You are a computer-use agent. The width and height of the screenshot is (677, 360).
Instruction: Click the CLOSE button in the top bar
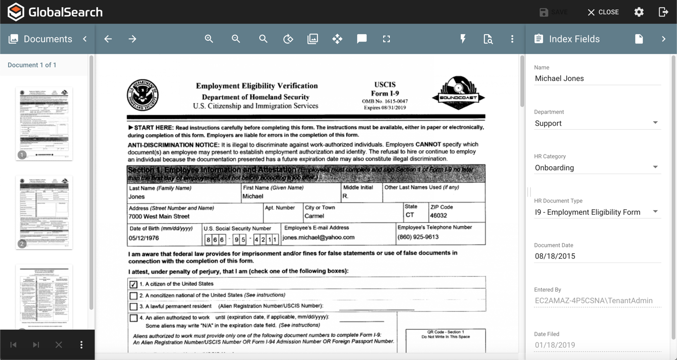pyautogui.click(x=603, y=12)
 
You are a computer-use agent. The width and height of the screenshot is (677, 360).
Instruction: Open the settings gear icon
pyautogui.click(x=639, y=12)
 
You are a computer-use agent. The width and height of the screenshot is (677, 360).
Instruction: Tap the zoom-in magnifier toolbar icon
pyautogui.click(x=209, y=39)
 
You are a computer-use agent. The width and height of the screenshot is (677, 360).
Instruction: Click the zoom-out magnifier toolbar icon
pyautogui.click(x=236, y=39)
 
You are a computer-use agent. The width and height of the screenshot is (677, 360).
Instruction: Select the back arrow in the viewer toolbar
pyautogui.click(x=108, y=39)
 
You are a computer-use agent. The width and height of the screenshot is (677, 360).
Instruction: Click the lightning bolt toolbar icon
pyautogui.click(x=463, y=39)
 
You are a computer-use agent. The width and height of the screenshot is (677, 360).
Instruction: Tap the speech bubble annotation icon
pyautogui.click(x=362, y=39)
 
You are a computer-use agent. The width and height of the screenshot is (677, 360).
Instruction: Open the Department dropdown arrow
pyautogui.click(x=655, y=123)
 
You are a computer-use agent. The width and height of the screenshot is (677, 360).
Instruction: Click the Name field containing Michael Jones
pyautogui.click(x=597, y=79)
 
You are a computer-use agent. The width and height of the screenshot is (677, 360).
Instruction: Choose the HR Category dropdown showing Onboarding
pyautogui.click(x=597, y=167)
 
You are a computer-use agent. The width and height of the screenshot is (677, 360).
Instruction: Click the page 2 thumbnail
pyautogui.click(x=44, y=212)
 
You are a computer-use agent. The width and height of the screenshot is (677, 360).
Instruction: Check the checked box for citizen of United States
pyautogui.click(x=133, y=284)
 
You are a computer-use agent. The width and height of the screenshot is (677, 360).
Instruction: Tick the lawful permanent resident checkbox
pyautogui.click(x=133, y=307)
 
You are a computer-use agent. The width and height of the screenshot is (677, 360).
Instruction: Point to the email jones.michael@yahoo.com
pyautogui.click(x=318, y=237)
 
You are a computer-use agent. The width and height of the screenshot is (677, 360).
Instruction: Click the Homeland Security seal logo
pyautogui.click(x=143, y=95)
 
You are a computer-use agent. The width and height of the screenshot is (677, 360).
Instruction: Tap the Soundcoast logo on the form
pyautogui.click(x=458, y=93)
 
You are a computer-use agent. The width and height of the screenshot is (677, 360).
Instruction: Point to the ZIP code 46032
pyautogui.click(x=439, y=216)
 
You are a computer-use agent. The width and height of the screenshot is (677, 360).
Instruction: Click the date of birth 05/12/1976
pyautogui.click(x=144, y=238)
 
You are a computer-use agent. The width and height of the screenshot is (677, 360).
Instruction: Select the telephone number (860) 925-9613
pyautogui.click(x=418, y=237)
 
